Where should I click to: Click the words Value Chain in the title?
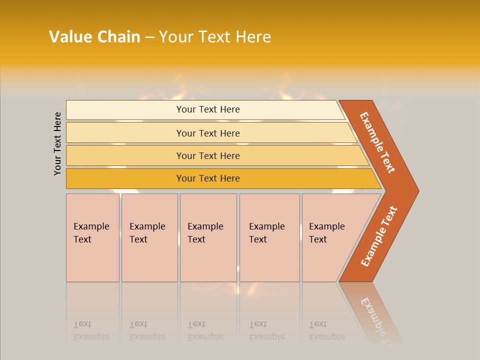(94, 37)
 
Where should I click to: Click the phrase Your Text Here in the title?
(215, 37)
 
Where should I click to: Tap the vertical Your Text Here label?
(58, 144)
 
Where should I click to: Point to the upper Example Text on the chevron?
(377, 142)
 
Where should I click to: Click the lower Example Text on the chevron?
(379, 236)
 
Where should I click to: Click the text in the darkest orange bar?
(208, 178)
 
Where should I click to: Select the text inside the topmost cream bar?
(208, 109)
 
